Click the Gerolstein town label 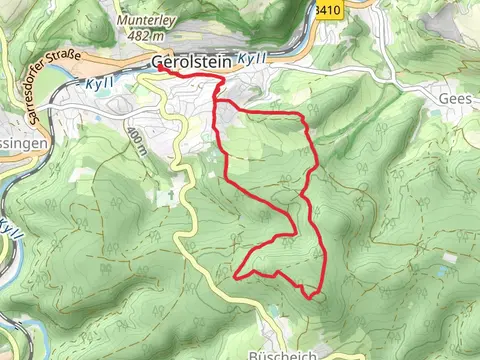[x=191, y=62]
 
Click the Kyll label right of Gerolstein [x=253, y=59]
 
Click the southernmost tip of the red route [x=312, y=296]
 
